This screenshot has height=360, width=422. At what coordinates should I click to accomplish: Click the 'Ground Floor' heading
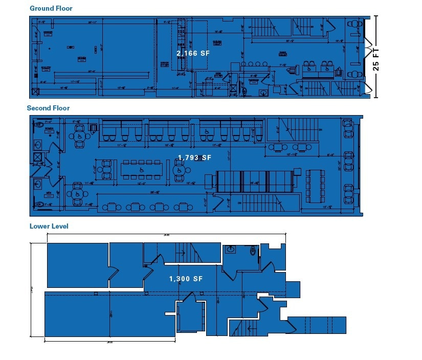pos(51,8)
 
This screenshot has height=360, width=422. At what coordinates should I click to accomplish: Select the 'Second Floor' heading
pos(48,108)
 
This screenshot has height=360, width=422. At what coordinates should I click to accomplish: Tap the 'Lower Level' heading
pos(49,226)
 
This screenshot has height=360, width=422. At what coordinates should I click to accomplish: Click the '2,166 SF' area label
pos(193,53)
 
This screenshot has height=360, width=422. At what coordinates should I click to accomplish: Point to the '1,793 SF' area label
pos(194,158)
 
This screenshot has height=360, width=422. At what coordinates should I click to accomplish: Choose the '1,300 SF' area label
pos(186,279)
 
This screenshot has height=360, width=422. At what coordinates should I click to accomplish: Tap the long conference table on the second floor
pos(141,169)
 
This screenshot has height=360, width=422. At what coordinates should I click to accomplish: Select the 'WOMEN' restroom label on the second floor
pos(49,131)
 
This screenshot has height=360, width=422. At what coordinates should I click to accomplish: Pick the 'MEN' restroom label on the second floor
pos(50,193)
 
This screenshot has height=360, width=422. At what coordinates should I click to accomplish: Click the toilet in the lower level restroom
pos(253,251)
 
